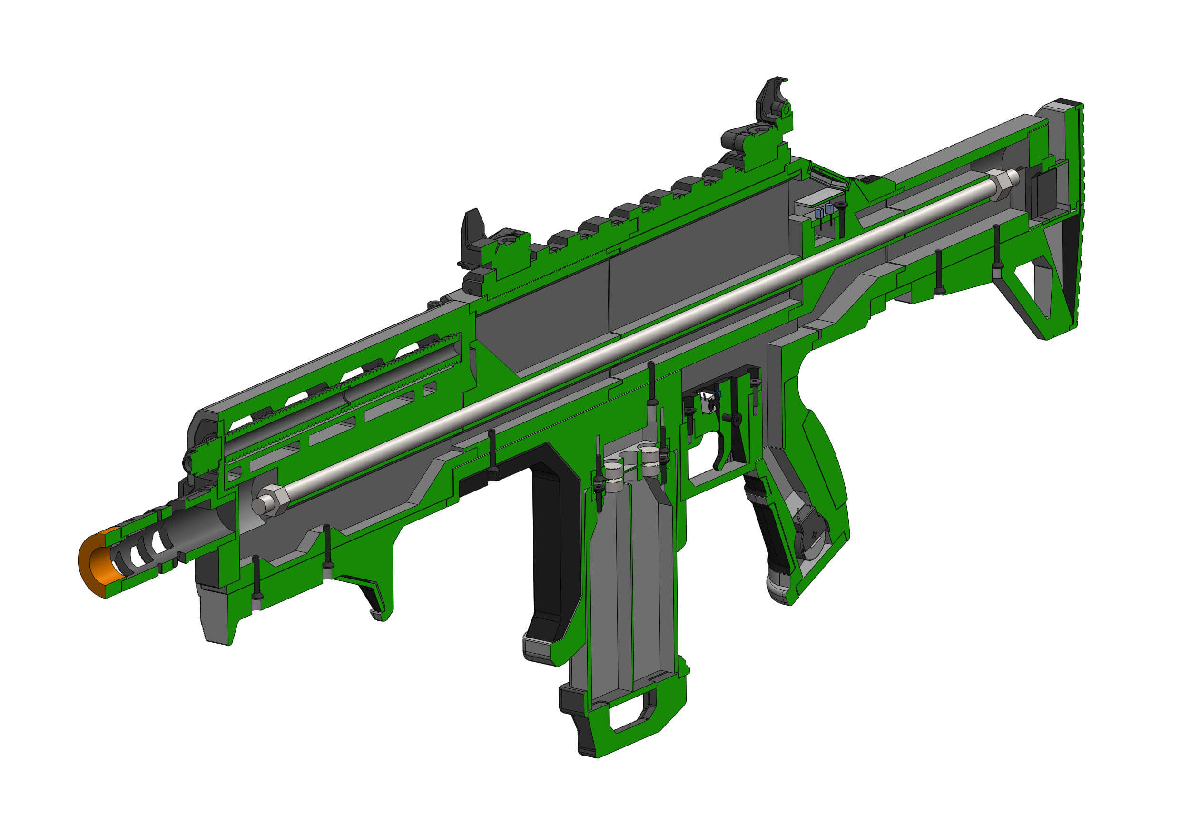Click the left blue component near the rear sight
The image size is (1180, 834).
tap(819, 212)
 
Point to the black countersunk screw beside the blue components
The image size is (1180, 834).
tap(841, 206)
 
